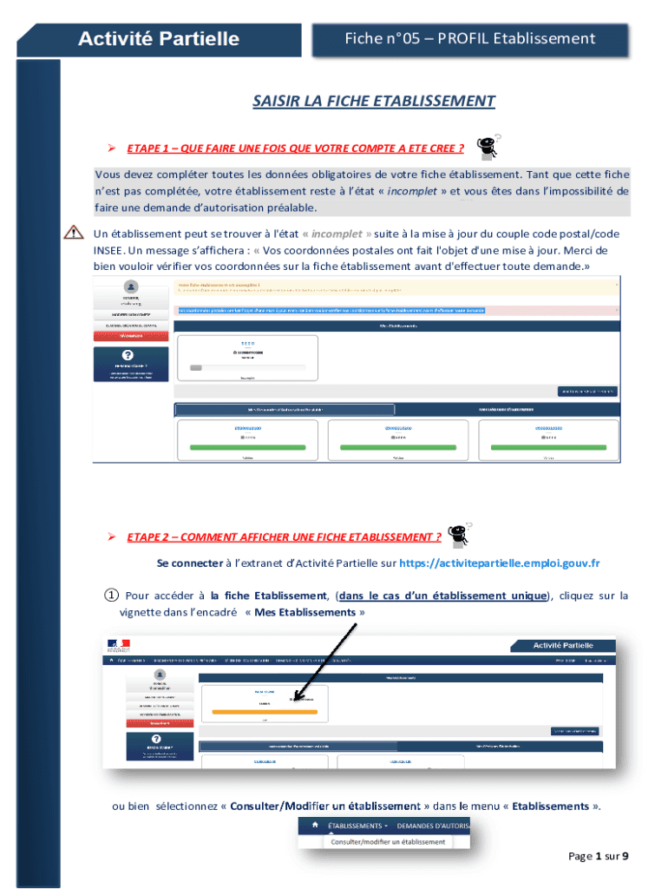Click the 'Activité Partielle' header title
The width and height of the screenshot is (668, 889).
(159, 39)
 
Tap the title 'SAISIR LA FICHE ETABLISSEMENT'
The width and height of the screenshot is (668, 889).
(373, 102)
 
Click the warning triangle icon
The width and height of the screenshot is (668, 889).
(73, 233)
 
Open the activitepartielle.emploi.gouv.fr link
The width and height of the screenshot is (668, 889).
(499, 563)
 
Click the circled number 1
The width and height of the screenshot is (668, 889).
(112, 596)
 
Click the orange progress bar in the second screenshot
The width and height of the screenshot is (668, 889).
(259, 711)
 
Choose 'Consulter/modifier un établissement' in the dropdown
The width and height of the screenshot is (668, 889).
(386, 841)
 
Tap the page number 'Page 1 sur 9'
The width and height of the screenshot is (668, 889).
(598, 857)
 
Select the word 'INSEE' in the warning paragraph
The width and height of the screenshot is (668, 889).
(109, 249)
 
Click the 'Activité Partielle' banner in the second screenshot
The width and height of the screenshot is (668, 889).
(563, 645)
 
